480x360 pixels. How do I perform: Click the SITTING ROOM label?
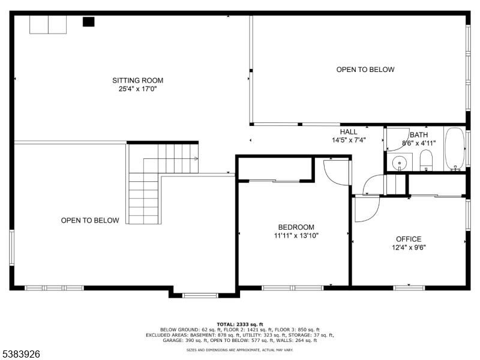coord(137,80)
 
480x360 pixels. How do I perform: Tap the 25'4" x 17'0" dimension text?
coord(137,89)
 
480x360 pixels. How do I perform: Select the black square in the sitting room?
coord(88,22)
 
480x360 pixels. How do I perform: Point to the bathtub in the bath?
coord(455,149)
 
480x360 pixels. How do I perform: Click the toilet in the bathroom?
coord(426,160)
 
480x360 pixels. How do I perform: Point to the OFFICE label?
coord(408,239)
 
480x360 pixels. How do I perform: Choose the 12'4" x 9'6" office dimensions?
coord(408,248)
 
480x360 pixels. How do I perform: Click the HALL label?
coord(349,132)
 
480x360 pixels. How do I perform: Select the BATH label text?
coord(419,135)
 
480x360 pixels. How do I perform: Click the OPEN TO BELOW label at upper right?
coord(365,70)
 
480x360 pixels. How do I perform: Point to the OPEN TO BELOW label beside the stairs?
coord(90,220)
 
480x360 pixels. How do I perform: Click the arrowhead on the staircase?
coord(196,158)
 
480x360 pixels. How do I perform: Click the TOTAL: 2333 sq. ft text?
coord(239,324)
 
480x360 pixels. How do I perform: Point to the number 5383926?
coord(21,355)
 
